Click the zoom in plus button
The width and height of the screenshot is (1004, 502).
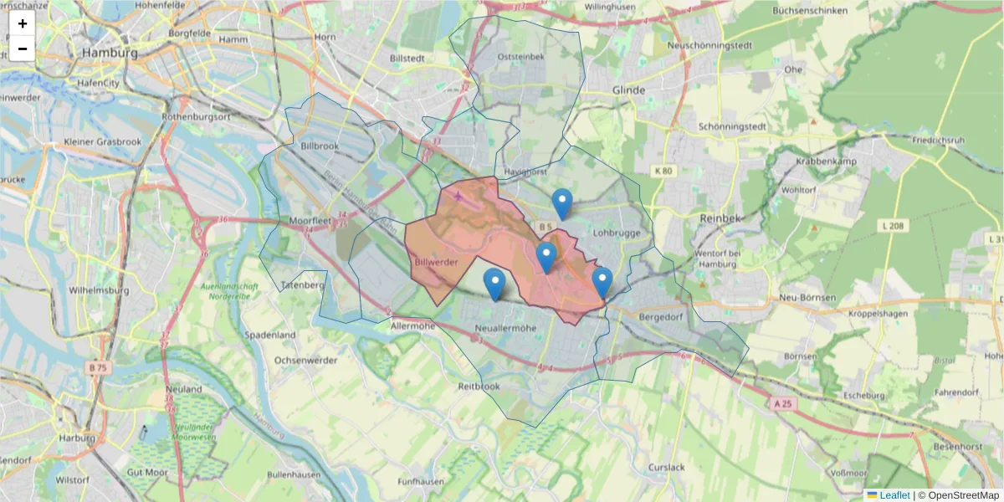(x=23, y=23)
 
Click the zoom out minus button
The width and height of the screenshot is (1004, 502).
(x=23, y=49)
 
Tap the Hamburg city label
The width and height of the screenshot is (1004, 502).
(x=110, y=53)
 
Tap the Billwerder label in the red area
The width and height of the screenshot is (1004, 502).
(x=436, y=262)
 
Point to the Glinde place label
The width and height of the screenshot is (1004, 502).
(x=628, y=90)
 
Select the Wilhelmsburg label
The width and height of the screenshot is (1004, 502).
(x=100, y=291)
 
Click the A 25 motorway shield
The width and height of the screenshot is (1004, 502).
(x=781, y=403)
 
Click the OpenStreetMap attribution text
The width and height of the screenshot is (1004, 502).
(x=963, y=495)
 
